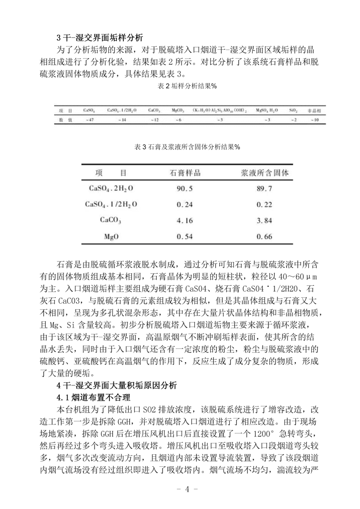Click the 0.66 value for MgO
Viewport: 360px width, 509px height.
(264, 237)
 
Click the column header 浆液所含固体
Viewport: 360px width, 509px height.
(264, 173)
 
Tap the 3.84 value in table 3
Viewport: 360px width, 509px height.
(264, 221)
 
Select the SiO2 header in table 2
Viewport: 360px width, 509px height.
(293, 110)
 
